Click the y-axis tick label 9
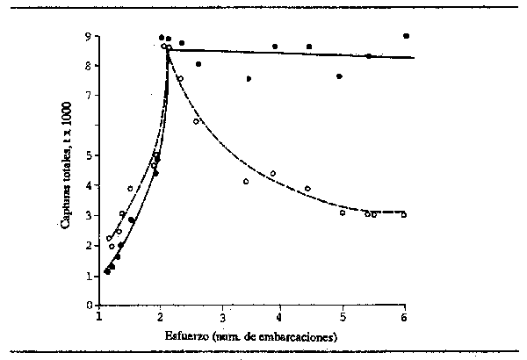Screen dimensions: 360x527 pyautogui.click(x=88, y=37)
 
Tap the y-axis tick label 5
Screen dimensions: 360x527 pyautogui.click(x=88, y=155)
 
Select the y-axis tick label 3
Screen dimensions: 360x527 pyautogui.click(x=88, y=215)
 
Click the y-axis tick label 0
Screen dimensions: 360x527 pyautogui.click(x=88, y=306)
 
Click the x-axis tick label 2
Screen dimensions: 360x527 pyautogui.click(x=160, y=316)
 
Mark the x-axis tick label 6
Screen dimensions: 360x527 pyautogui.click(x=403, y=316)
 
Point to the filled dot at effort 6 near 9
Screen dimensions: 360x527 pyautogui.click(x=406, y=36)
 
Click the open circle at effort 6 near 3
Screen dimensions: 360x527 pyautogui.click(x=403, y=214)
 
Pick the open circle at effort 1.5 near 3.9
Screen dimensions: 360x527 pyautogui.click(x=130, y=188)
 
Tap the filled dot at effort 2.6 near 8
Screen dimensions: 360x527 pyautogui.click(x=199, y=64)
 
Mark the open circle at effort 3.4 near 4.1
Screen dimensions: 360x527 pyautogui.click(x=246, y=182)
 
